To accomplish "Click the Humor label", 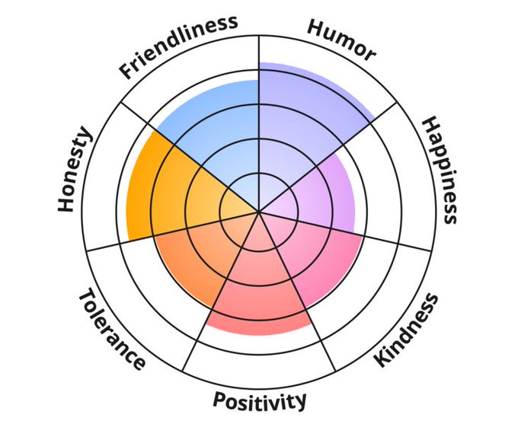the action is click(341, 39).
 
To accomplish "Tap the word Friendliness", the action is click(178, 45).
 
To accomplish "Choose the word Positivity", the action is click(260, 400).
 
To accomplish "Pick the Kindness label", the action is click(407, 330).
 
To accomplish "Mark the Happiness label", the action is click(440, 170).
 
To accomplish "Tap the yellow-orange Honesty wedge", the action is click(164, 190).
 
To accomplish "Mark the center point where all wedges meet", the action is click(259, 212).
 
